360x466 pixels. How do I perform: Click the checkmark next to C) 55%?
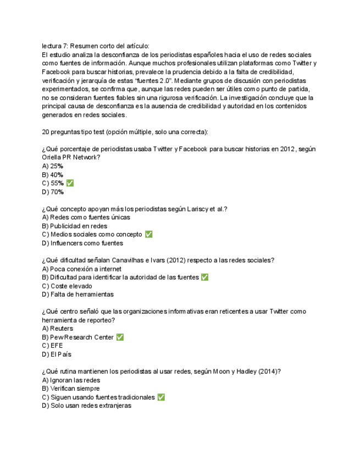pyautogui.click(x=70, y=183)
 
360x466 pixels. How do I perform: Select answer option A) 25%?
pyautogui.click(x=52, y=166)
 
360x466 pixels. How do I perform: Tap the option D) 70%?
pyautogui.click(x=53, y=192)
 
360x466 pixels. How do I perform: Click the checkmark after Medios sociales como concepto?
pyautogui.click(x=148, y=234)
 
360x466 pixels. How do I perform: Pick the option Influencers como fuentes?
pyautogui.click(x=82, y=243)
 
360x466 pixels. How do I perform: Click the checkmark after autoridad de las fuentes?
pyautogui.click(x=205, y=278)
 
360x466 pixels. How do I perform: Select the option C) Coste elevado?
pyautogui.click(x=67, y=286)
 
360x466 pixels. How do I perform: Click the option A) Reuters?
pyautogui.click(x=57, y=329)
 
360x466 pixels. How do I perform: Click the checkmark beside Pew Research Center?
pyautogui.click(x=120, y=337)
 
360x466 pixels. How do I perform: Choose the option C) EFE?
pyautogui.click(x=52, y=346)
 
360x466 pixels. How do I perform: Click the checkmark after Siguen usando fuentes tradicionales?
pyautogui.click(x=161, y=397)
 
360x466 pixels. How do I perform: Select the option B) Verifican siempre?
pyautogui.click(x=70, y=389)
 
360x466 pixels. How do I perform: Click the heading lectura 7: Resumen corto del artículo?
pyautogui.click(x=96, y=46)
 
